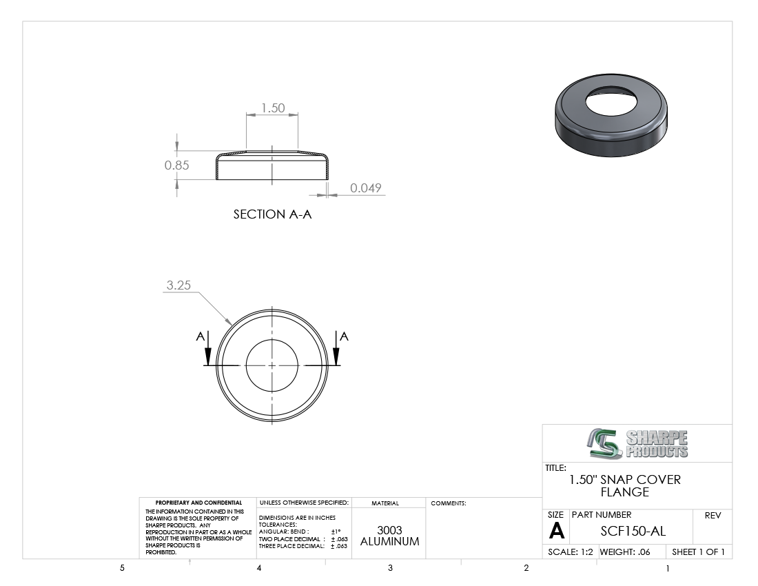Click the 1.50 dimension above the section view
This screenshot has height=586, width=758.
(x=273, y=108)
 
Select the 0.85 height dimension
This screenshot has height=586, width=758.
(x=176, y=165)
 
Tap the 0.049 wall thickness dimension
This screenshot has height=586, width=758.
(x=365, y=188)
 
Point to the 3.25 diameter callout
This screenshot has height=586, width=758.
(x=178, y=285)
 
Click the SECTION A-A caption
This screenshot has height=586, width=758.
(x=273, y=214)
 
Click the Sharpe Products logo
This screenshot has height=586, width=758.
(x=637, y=443)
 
